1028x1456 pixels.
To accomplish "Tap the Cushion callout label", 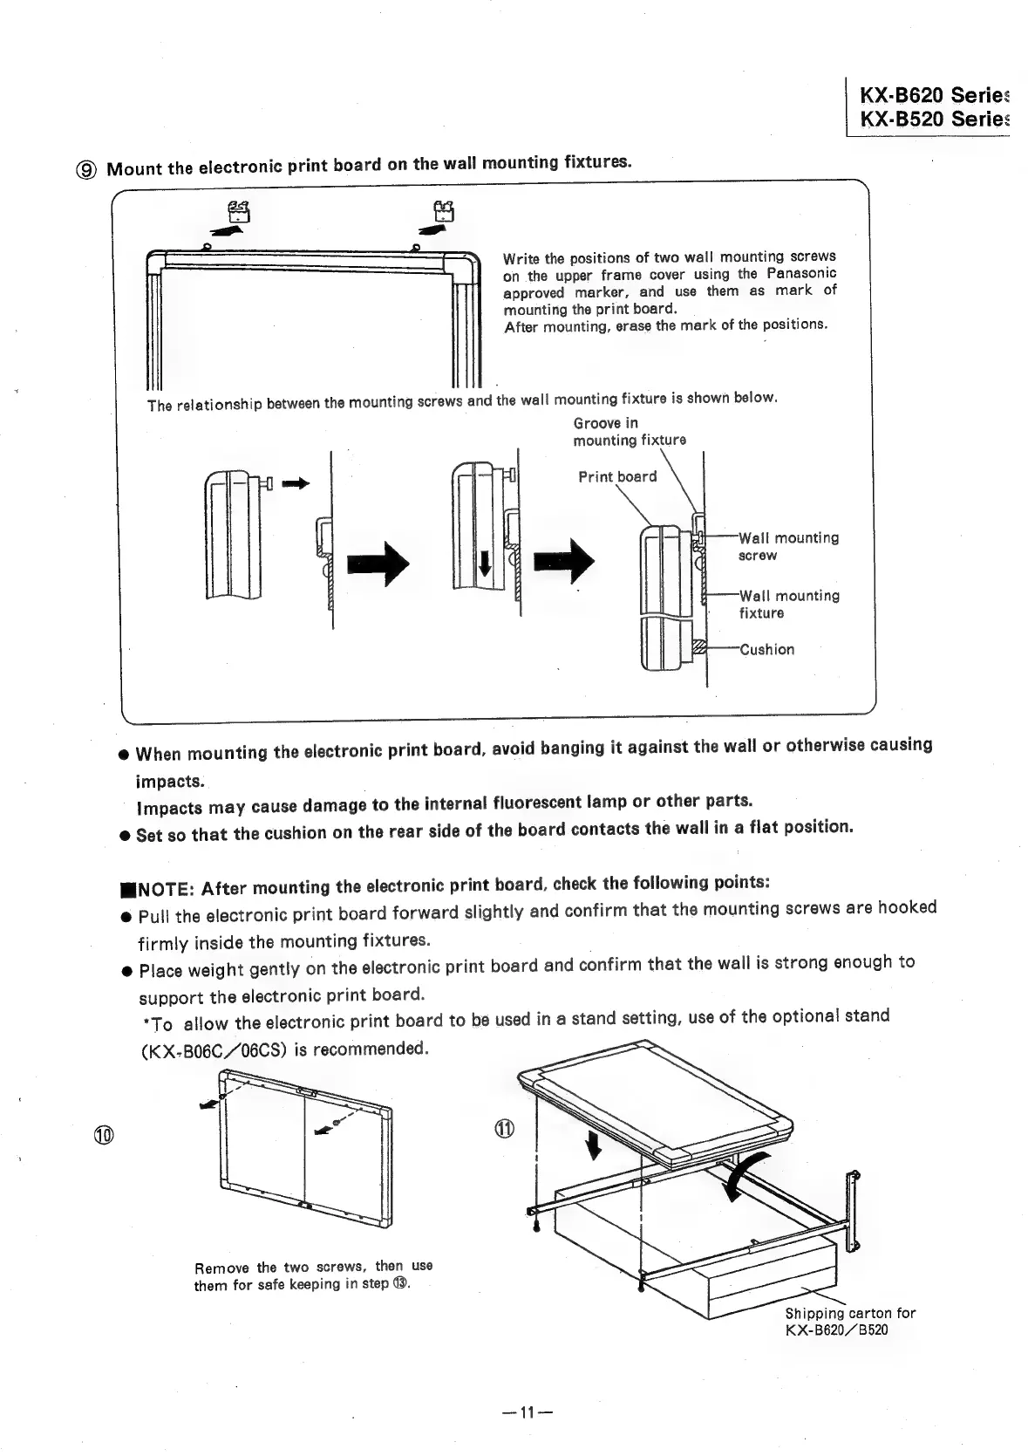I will tap(766, 649).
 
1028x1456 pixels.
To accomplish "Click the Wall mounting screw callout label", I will tap(788, 546).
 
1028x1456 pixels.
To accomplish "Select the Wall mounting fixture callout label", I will tap(789, 604).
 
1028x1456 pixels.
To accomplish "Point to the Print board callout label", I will tap(617, 476).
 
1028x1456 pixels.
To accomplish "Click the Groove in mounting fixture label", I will tap(629, 432).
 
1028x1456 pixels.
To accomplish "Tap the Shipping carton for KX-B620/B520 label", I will tap(849, 1321).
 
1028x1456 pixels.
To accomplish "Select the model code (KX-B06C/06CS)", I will tap(214, 1049).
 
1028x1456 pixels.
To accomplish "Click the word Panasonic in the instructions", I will tap(800, 273).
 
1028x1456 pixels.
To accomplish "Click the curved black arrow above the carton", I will tap(749, 1173).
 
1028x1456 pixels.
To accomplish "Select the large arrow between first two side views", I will tap(378, 565).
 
